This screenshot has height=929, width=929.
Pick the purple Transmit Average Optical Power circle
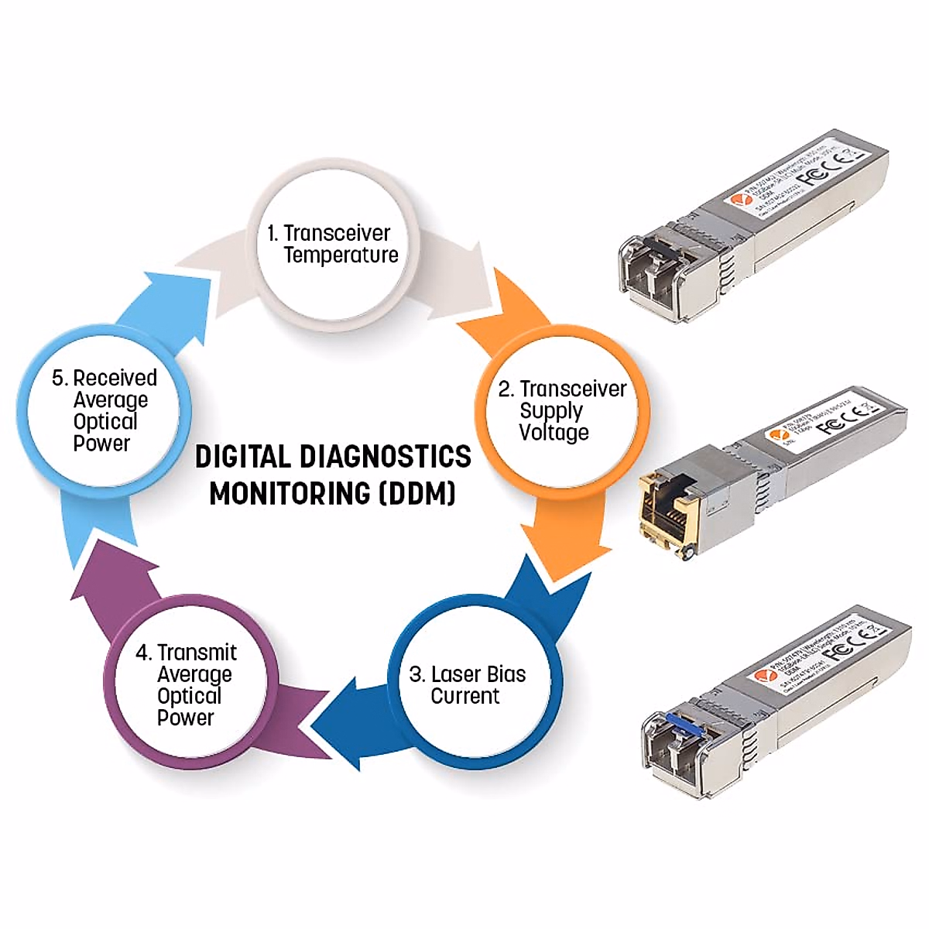pos(190,685)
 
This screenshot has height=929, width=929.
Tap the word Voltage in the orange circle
pos(554,433)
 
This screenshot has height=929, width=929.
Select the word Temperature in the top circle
pos(341,255)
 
